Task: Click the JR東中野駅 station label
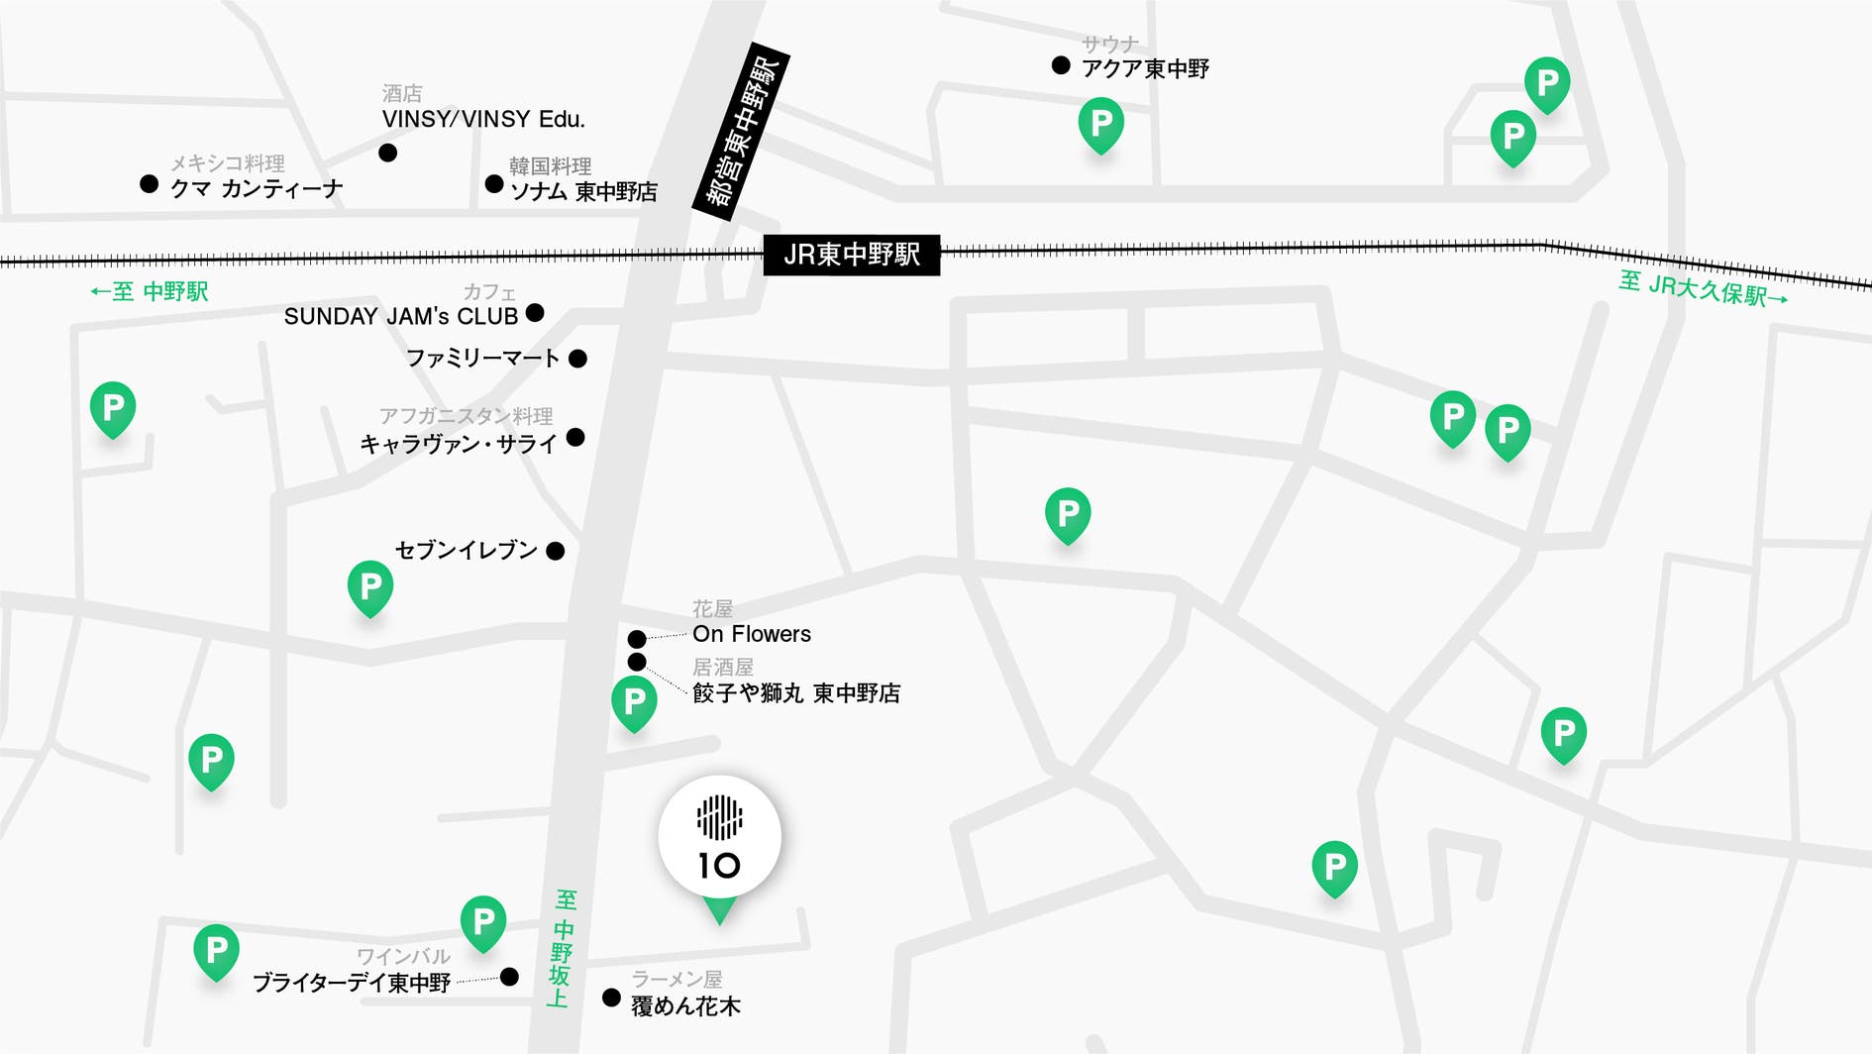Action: pos(851,255)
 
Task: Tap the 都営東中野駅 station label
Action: pos(743,132)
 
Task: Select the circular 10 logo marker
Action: pos(720,838)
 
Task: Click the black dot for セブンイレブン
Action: pos(556,551)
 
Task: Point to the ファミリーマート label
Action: pos(482,358)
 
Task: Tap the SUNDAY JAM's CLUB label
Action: pos(401,316)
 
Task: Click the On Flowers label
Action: pos(751,634)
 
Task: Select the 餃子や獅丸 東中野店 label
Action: pos(796,692)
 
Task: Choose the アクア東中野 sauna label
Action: pos(1145,68)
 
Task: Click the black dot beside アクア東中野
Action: pos(1061,65)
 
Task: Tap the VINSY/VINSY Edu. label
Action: pos(483,119)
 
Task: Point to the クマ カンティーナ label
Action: pos(257,188)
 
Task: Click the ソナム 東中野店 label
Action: pos(583,191)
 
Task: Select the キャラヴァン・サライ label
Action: pos(459,444)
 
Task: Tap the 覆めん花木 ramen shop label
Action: pos(685,1005)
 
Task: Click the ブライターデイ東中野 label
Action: pos(352,982)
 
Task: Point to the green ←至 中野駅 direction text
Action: pos(150,291)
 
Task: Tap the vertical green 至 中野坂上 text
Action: pos(563,948)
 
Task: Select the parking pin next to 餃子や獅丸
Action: pos(634,701)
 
